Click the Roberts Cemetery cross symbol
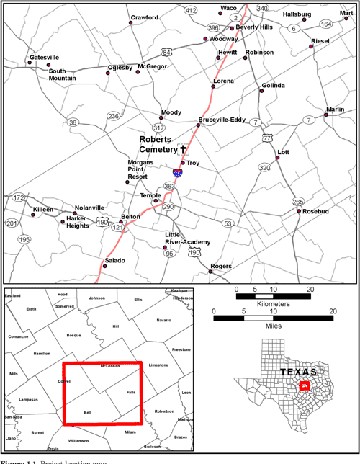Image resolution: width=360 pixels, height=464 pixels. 183,150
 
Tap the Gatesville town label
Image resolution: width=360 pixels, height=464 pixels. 45,57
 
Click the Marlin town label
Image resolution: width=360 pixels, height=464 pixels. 335,110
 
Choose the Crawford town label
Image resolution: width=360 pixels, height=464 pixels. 144,17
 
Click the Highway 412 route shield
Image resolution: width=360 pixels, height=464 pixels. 190,10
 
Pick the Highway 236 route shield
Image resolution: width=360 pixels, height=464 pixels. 113,116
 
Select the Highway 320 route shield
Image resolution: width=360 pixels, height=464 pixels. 264,168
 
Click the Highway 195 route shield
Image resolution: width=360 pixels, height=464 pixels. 24,239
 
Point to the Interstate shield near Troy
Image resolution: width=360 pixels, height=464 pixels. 177,172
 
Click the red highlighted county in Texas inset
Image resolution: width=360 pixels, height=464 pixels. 305,387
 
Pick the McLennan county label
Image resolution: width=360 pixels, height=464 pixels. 109,366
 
